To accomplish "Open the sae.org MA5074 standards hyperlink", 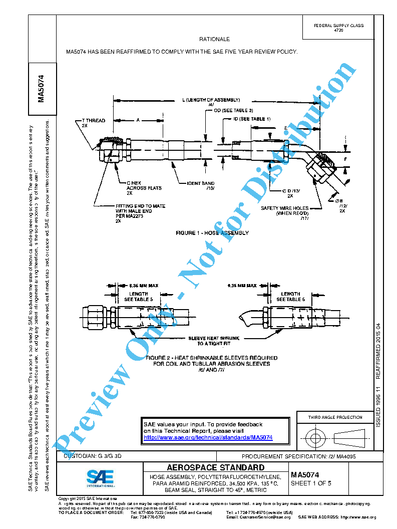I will click(x=208, y=437).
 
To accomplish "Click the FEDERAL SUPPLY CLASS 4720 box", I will click(x=338, y=28).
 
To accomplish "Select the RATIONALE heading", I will click(x=214, y=39).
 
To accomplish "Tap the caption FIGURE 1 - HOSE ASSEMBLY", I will click(x=212, y=233).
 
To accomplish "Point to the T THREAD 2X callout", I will click(x=93, y=123).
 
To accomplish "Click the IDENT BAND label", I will click(x=201, y=186).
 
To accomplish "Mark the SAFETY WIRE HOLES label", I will click(x=285, y=210).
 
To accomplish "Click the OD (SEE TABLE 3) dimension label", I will click(x=233, y=110).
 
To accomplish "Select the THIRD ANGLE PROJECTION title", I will click(x=335, y=417).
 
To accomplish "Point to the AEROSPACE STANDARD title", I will click(x=215, y=468).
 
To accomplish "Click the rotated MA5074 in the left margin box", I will click(x=42, y=88).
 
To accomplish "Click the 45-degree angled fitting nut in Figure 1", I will click(x=321, y=165).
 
